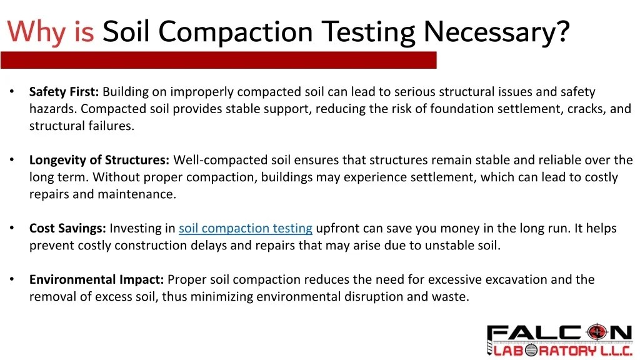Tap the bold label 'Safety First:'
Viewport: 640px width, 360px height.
(64, 92)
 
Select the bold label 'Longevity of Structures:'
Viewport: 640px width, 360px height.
(99, 160)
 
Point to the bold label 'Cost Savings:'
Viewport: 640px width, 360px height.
(67, 228)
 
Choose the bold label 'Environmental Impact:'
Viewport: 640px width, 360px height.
(97, 279)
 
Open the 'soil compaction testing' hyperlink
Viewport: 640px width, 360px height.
(246, 228)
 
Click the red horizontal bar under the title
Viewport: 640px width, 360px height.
(218, 60)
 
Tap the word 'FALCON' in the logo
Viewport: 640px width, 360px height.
(559, 333)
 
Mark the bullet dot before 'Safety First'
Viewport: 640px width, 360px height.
(12, 92)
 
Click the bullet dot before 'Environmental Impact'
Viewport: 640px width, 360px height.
(12, 279)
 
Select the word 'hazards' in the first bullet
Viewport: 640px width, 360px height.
(52, 109)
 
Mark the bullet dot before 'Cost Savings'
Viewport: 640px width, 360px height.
(12, 228)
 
